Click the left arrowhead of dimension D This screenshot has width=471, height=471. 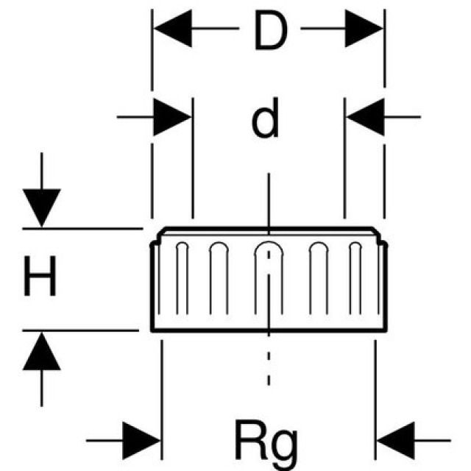(171, 31)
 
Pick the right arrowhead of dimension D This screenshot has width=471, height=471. (364, 31)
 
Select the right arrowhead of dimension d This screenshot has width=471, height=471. (364, 117)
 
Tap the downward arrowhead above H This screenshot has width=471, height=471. (42, 208)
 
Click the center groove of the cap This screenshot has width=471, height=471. (269, 280)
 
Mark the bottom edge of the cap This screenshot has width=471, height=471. (267, 330)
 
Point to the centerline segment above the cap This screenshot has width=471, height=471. (269, 199)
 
